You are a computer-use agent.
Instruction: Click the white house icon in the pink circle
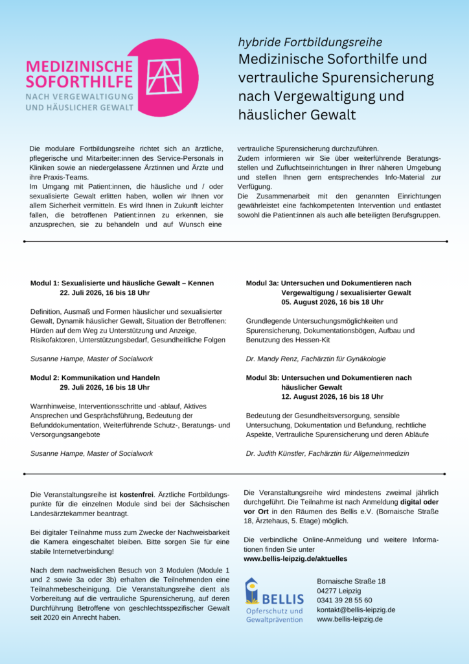tap(165, 77)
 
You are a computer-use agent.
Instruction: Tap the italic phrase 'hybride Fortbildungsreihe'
tap(310, 42)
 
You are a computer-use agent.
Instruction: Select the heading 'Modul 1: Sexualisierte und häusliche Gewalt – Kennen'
tap(122, 283)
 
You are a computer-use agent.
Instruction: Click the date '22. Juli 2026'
tap(85, 293)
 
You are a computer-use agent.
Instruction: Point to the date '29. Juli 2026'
tap(85, 387)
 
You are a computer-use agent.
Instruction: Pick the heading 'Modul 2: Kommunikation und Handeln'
tap(95, 377)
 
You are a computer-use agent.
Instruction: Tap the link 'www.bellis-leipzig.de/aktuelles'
tap(295, 558)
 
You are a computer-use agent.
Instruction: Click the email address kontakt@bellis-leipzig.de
tap(356, 610)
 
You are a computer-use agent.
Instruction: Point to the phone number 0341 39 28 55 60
tap(344, 600)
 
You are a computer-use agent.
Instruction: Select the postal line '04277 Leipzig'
tap(339, 591)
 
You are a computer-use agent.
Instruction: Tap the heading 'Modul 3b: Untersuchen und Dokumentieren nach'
tap(328, 377)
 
